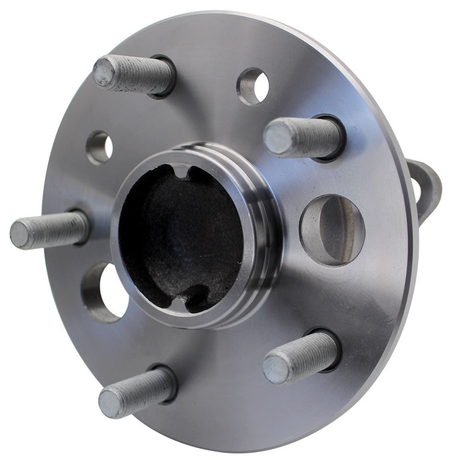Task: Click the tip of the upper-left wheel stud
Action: click(x=104, y=72)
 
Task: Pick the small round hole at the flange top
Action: click(x=253, y=86)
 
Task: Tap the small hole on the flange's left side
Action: click(x=100, y=148)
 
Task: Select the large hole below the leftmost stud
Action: click(x=106, y=292)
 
